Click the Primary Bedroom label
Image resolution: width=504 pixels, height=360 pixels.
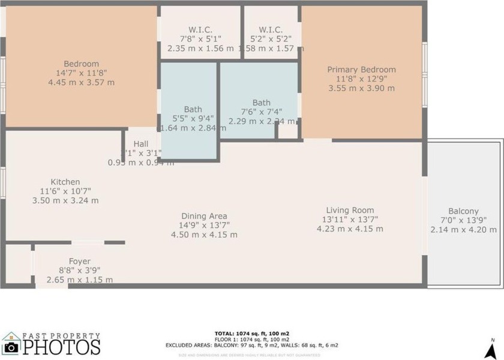[361, 70]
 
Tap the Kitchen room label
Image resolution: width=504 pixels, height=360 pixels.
[65, 182]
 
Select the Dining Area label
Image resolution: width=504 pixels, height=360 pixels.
[204, 216]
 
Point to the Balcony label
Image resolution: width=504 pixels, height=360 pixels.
[463, 211]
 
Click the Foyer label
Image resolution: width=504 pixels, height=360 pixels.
[80, 261]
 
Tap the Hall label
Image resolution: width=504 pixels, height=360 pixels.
[141, 144]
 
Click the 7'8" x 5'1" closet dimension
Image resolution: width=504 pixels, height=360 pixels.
[200, 39]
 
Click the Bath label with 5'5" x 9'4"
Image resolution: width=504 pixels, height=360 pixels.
[193, 109]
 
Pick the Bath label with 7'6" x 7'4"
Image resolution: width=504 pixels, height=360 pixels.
[262, 103]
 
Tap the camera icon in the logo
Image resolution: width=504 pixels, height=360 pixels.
[10, 347]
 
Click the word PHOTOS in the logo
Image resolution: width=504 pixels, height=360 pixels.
[62, 347]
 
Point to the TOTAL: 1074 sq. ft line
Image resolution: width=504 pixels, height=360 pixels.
[252, 333]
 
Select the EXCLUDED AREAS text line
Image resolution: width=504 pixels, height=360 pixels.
[252, 345]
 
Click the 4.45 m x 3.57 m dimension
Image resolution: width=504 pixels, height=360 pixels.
[81, 82]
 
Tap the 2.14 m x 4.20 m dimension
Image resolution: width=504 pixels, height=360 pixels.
[463, 229]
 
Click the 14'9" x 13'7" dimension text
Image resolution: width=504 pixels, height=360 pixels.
[204, 225]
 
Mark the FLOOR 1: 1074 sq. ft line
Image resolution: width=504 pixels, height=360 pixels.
[252, 339]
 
